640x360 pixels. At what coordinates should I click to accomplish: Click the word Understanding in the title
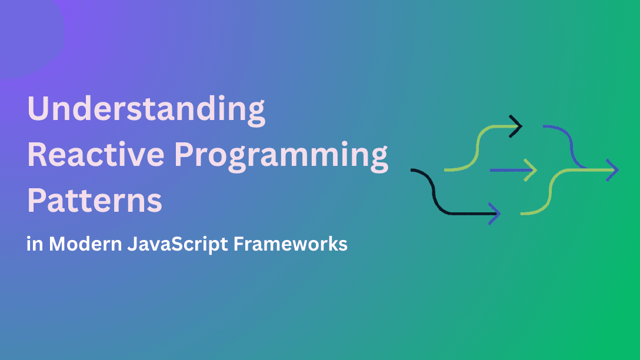click(146, 109)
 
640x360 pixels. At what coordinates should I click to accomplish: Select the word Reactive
click(96, 155)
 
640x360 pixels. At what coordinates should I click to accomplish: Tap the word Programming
click(281, 157)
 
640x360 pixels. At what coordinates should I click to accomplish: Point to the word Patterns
click(95, 200)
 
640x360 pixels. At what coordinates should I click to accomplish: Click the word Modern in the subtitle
click(85, 244)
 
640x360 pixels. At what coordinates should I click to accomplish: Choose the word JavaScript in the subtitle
click(178, 245)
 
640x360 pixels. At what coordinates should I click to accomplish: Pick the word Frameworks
click(291, 244)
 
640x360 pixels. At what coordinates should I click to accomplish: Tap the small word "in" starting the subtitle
click(35, 244)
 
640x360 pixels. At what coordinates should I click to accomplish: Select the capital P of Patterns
click(36, 200)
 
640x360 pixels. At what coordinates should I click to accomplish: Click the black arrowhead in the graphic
click(516, 126)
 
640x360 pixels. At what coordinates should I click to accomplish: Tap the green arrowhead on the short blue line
click(531, 170)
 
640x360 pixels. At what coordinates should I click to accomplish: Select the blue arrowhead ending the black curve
click(495, 214)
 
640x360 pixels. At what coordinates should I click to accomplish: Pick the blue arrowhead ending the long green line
click(613, 170)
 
